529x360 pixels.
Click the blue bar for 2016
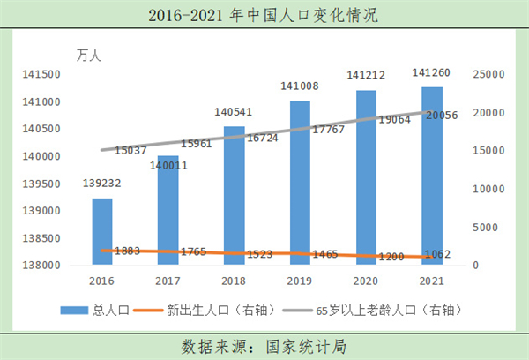pos(102,230)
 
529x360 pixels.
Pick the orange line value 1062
pos(436,255)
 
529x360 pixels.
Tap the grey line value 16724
pos(265,139)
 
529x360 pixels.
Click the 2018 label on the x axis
pos(234,280)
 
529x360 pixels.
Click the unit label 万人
pos(89,56)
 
